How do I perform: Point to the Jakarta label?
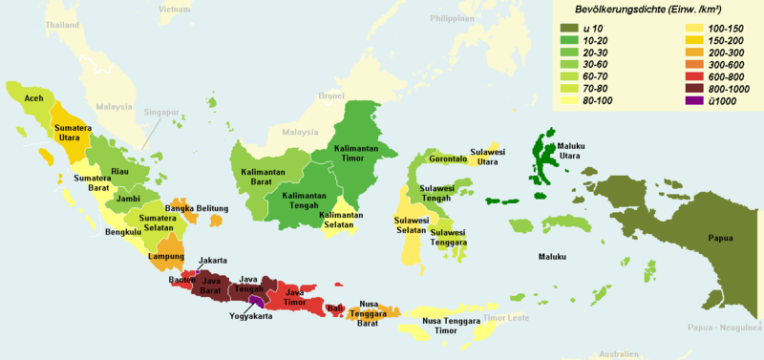212,260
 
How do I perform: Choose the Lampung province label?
166,256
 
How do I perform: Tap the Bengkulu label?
123,232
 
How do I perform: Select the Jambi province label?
129,198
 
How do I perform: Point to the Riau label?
119,171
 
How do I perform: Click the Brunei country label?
330,95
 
